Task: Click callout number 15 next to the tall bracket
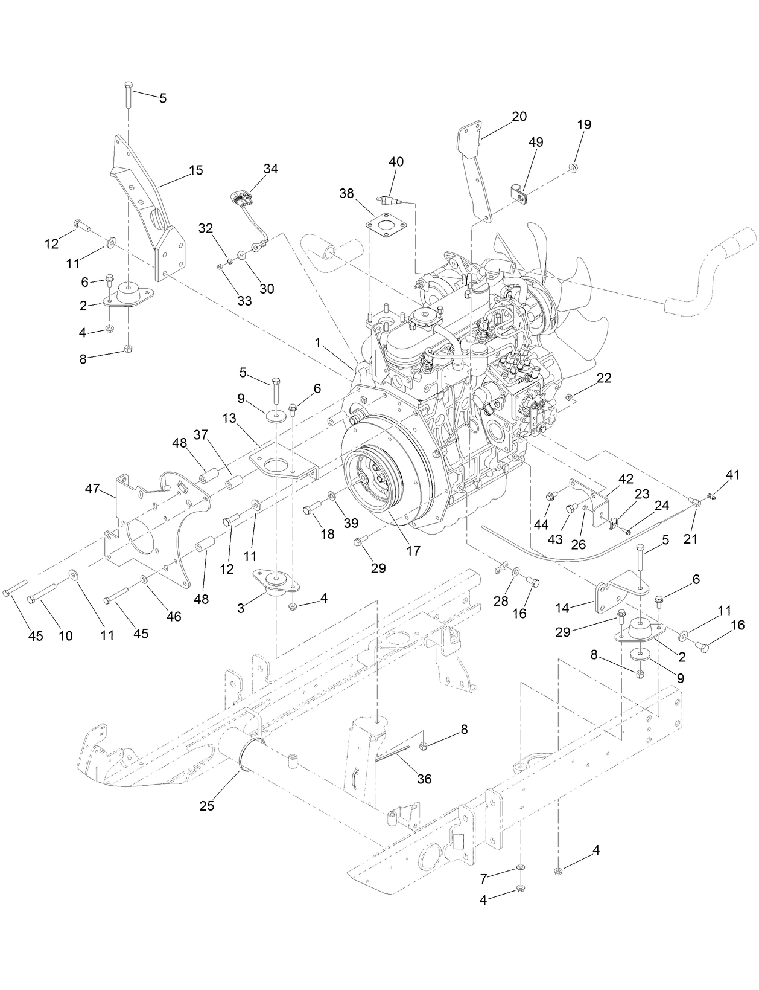(x=195, y=170)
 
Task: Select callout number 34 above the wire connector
(x=270, y=169)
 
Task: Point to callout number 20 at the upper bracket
(x=519, y=117)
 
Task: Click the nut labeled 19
(x=574, y=167)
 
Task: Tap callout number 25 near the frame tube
(x=206, y=806)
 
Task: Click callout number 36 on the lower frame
(x=424, y=779)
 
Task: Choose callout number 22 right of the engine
(x=603, y=378)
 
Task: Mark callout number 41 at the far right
(x=732, y=475)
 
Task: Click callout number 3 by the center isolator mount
(x=241, y=608)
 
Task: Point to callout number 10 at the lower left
(x=65, y=635)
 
